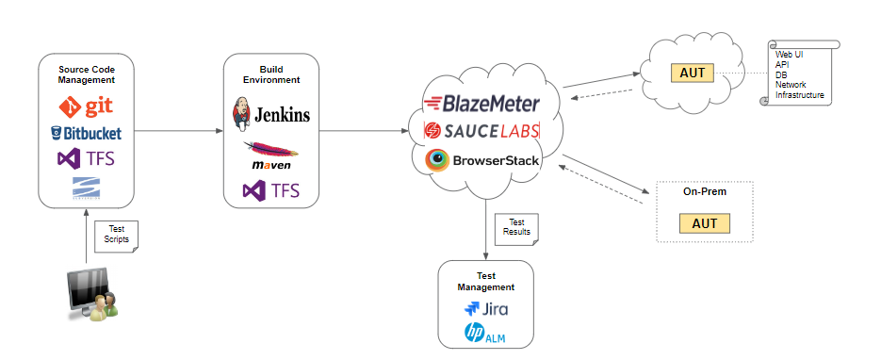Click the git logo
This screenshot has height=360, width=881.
pyautogui.click(x=86, y=106)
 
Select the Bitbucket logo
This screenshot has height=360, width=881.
pyautogui.click(x=86, y=132)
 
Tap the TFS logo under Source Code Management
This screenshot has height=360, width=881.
pyautogui.click(x=86, y=158)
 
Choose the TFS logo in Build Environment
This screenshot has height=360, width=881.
pyautogui.click(x=270, y=190)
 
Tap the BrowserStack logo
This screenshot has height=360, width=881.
pyautogui.click(x=482, y=159)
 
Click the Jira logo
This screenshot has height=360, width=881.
pyautogui.click(x=487, y=308)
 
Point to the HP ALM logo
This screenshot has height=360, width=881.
pyautogui.click(x=486, y=333)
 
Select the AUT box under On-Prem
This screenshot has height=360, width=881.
pyautogui.click(x=705, y=223)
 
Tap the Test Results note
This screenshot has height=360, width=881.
pyautogui.click(x=517, y=227)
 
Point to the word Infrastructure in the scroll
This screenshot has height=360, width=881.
pyautogui.click(x=799, y=95)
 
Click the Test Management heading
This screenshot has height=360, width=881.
pyautogui.click(x=486, y=282)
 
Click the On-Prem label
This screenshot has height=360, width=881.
pyautogui.click(x=705, y=191)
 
